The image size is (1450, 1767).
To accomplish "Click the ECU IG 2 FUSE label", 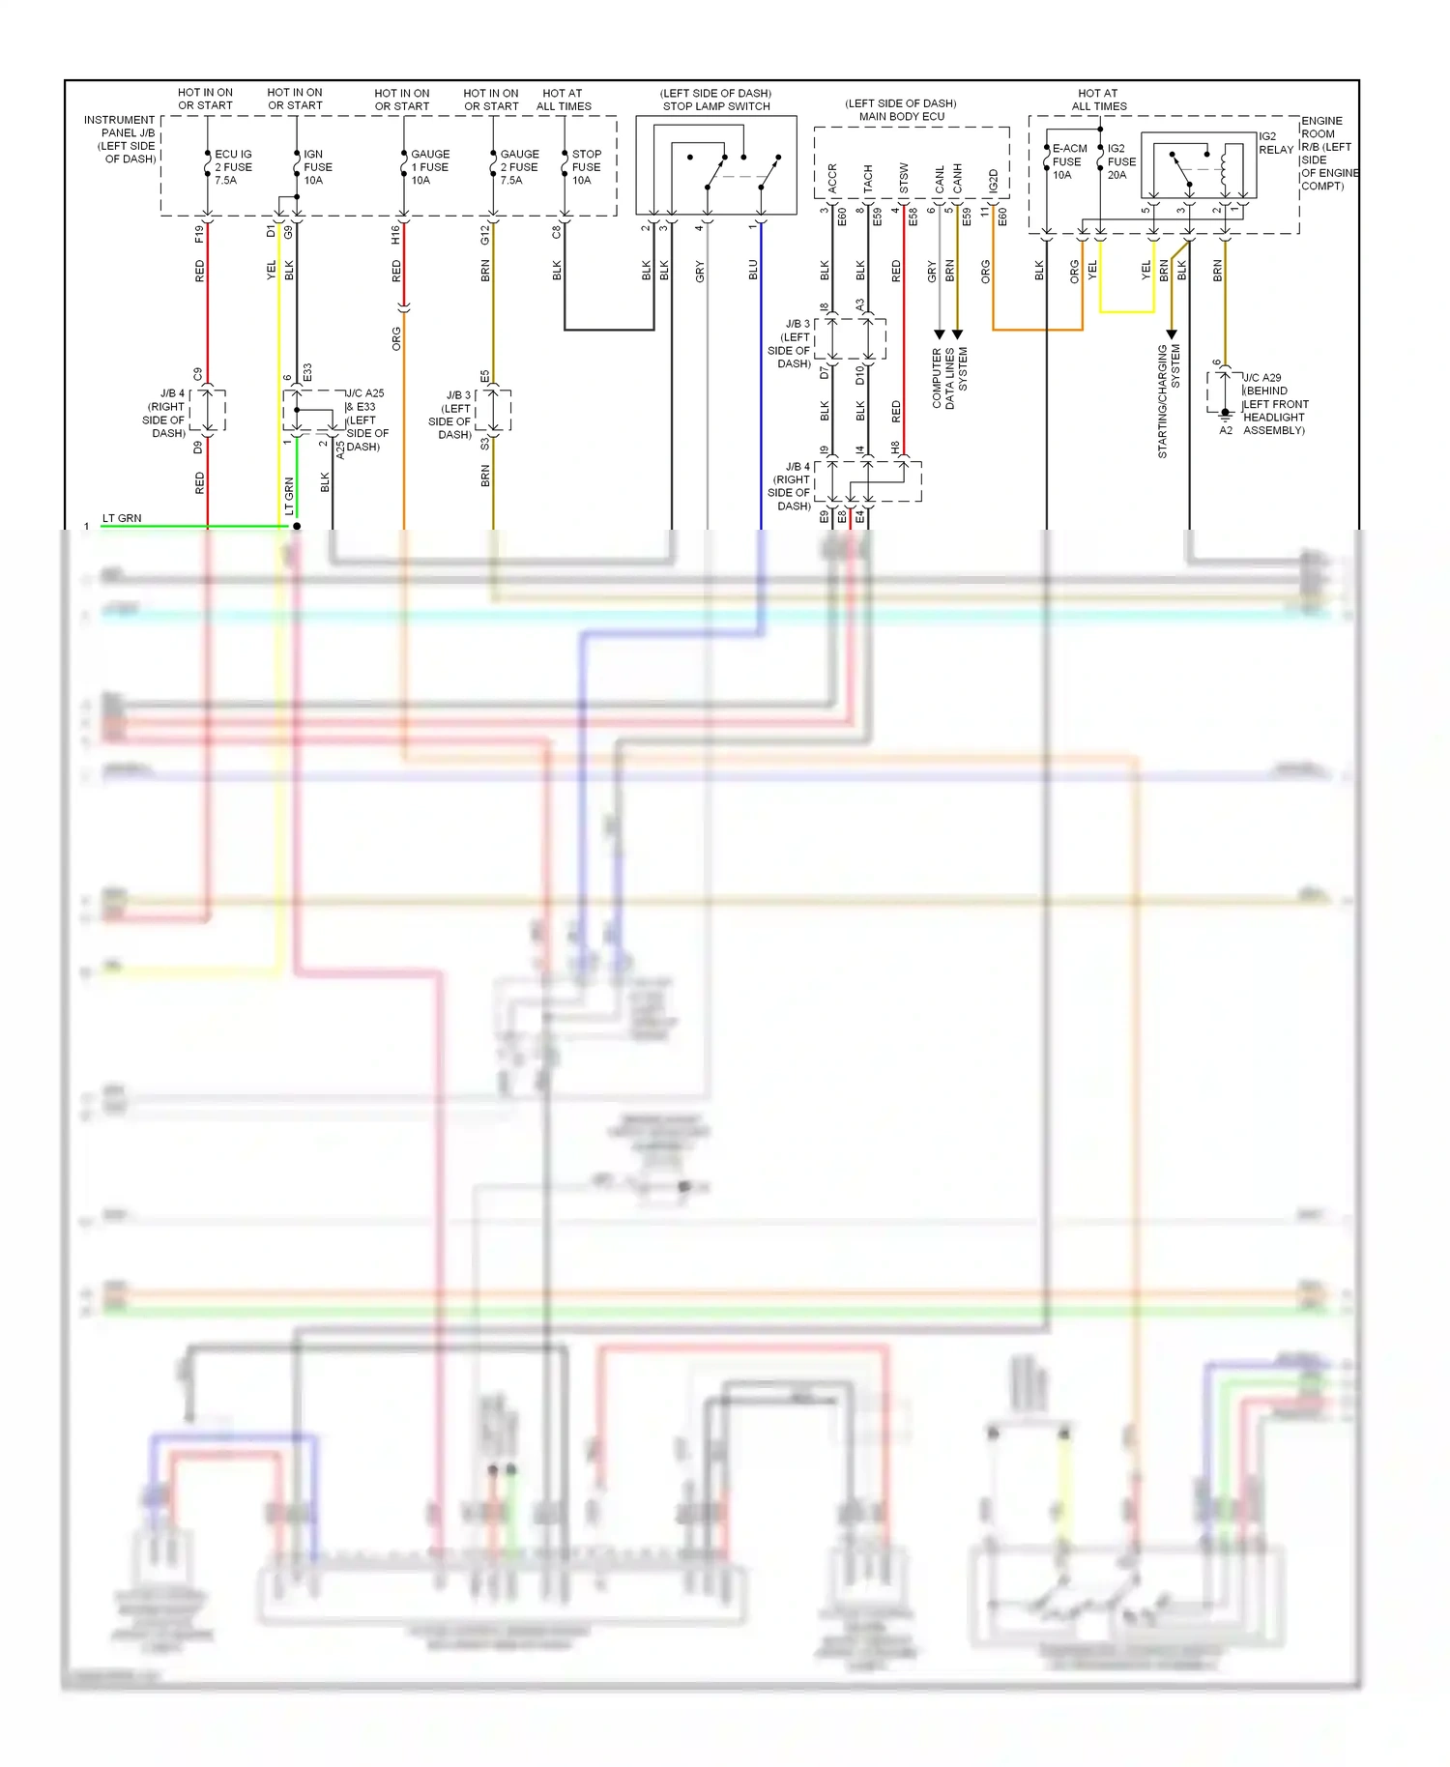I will coord(233,167).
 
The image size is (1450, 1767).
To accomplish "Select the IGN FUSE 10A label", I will coord(317,167).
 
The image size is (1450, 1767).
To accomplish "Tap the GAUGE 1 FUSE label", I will coord(429,167).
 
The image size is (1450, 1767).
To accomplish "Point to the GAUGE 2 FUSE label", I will coord(519,167).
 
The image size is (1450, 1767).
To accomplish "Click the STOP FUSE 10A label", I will coord(586,167).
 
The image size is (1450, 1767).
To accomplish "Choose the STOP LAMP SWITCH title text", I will coord(716,106).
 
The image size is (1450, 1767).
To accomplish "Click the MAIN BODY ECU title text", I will coord(901,116).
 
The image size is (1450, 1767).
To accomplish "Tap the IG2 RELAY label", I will coord(1275,143).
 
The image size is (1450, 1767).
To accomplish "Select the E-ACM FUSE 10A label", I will coord(1068,161).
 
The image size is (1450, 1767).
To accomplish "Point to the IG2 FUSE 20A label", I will coord(1121,161).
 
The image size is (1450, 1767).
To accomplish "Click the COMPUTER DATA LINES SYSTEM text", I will coord(949,378).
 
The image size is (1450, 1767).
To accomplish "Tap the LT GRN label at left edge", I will coord(122,518).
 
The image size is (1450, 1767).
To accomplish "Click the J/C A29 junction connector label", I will coord(1274,404).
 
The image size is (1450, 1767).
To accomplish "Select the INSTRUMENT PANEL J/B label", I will coord(121,139).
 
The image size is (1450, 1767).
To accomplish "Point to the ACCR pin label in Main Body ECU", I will coord(832,178).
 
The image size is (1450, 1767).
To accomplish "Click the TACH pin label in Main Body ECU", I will coord(868,178).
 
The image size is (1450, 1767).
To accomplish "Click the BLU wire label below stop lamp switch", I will coord(753,271).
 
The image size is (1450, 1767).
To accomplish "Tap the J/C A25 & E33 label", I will coord(366,420).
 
